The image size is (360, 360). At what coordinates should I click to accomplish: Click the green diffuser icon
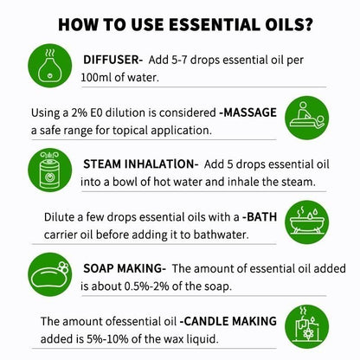(x=49, y=66)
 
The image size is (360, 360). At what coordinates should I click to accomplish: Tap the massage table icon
(x=306, y=118)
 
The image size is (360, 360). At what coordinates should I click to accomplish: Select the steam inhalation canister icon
(x=49, y=170)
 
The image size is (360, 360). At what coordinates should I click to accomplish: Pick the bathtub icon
(x=306, y=222)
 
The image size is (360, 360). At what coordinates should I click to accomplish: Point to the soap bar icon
(x=49, y=274)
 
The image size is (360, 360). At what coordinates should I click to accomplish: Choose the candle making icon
(x=306, y=326)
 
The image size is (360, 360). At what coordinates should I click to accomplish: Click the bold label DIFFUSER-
(x=112, y=60)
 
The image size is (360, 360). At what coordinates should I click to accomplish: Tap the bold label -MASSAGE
(x=247, y=112)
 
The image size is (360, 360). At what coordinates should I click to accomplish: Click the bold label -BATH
(x=260, y=216)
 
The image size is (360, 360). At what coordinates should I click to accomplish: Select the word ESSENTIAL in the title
(x=212, y=24)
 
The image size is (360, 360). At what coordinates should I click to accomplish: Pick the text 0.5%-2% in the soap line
(x=146, y=286)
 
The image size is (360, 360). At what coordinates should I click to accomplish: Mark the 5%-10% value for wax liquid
(x=107, y=338)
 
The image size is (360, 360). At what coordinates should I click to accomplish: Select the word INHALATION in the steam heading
(x=161, y=164)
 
